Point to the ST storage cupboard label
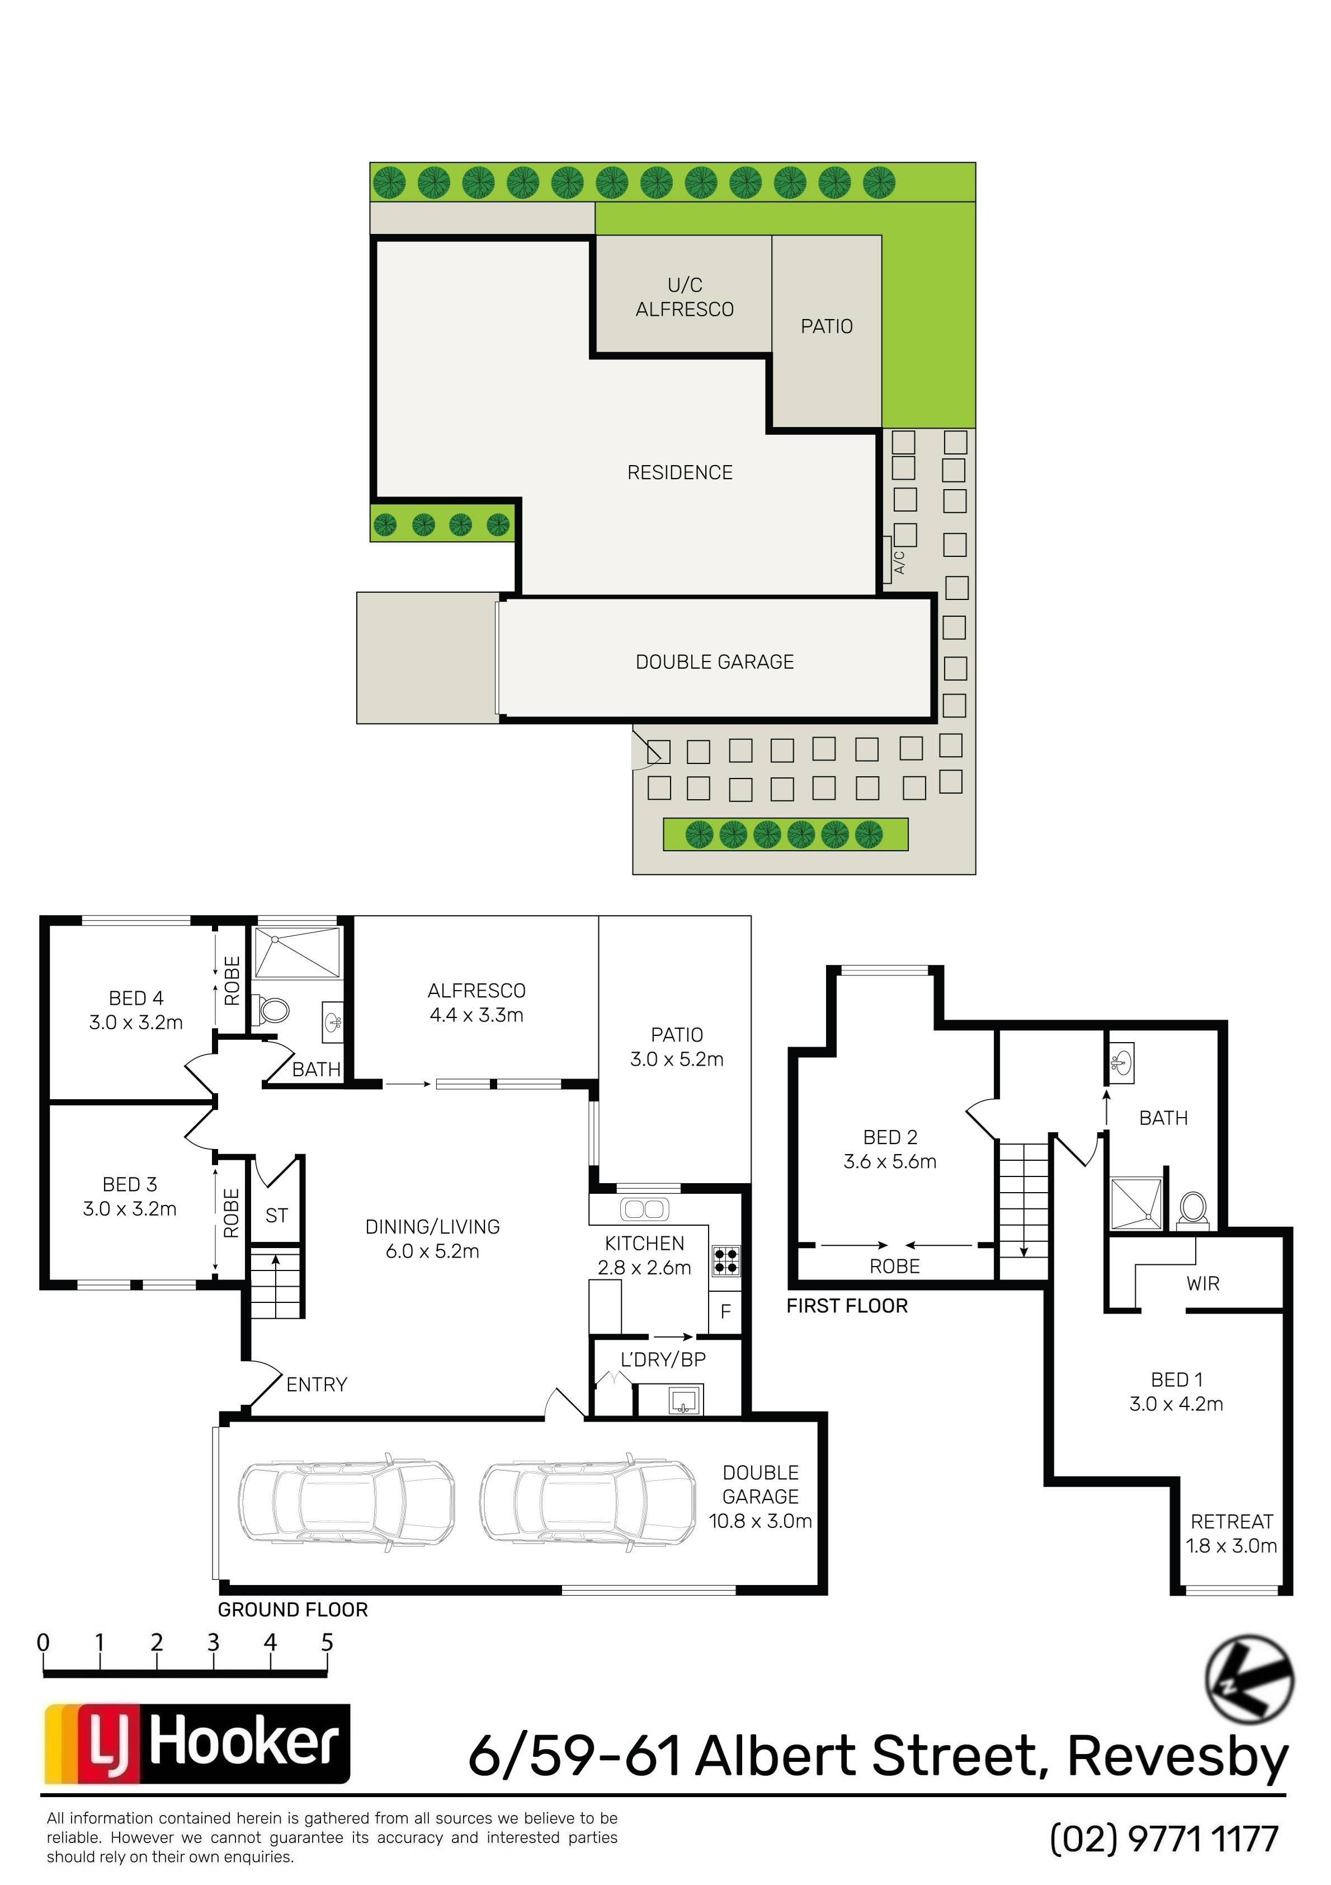pos(276,1215)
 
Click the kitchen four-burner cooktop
pos(726,1260)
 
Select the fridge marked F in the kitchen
pos(725,1311)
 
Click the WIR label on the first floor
pos(1203,1283)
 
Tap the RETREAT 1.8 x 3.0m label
pos(1231,1534)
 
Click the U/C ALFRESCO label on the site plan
pos(685,297)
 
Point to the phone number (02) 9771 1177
pos(1164,1839)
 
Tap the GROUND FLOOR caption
pos(293,1610)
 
